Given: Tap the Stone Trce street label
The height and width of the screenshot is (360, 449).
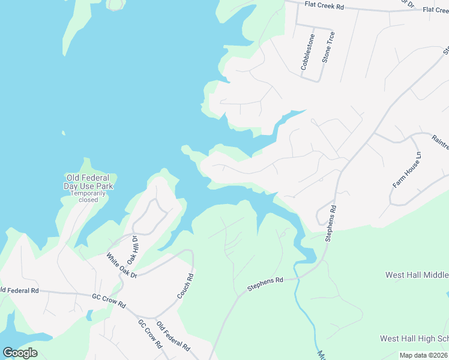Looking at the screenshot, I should tap(328, 47).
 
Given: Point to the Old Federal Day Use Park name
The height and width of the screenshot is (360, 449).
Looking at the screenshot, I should tap(88, 182).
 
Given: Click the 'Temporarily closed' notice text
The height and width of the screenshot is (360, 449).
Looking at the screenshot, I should tap(88, 196).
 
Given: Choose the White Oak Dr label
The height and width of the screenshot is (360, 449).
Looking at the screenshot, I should tap(122, 266).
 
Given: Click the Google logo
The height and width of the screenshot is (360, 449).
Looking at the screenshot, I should tap(20, 352).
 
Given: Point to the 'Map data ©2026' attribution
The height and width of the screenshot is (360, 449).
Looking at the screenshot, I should tap(424, 355).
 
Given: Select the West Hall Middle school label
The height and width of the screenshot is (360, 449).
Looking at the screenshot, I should tap(417, 275).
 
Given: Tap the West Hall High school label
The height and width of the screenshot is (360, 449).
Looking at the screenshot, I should tap(414, 339).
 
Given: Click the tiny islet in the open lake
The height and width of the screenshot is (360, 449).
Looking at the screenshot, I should tap(62, 133).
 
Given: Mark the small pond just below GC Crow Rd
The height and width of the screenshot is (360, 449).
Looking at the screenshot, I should tap(89, 314).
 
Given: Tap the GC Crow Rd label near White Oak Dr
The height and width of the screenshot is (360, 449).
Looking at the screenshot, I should tap(109, 300).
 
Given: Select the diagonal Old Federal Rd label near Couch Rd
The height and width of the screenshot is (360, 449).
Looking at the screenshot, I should tap(173, 337).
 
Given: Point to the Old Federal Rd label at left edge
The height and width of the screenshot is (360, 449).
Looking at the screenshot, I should tap(19, 290).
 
